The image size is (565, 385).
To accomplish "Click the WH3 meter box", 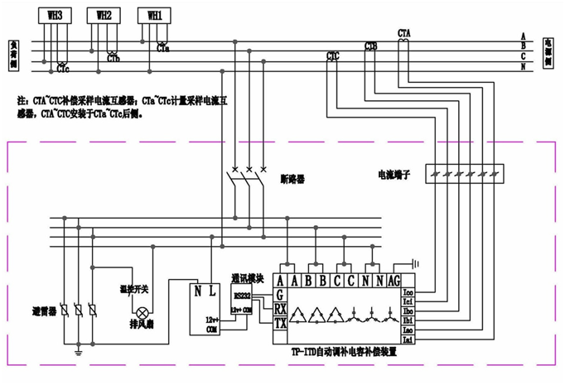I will click(x=55, y=14).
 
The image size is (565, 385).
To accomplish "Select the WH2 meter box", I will click(x=104, y=15).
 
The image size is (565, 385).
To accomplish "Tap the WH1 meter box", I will click(x=155, y=16).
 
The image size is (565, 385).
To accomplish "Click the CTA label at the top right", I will click(x=404, y=32).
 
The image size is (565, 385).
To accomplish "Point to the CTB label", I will click(x=371, y=47).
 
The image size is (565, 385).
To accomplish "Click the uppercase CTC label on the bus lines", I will click(x=333, y=55).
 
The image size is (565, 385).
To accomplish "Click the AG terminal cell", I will click(x=394, y=281).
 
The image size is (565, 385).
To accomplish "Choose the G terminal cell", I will click(x=280, y=295).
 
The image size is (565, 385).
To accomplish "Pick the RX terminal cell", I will click(x=280, y=309).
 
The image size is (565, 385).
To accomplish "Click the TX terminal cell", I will click(x=280, y=324).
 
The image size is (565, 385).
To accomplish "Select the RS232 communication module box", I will click(x=242, y=296).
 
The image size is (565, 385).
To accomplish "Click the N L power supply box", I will click(x=205, y=291).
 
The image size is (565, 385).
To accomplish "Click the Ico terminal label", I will click(x=408, y=292).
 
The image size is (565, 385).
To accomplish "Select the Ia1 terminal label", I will click(x=408, y=339).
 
